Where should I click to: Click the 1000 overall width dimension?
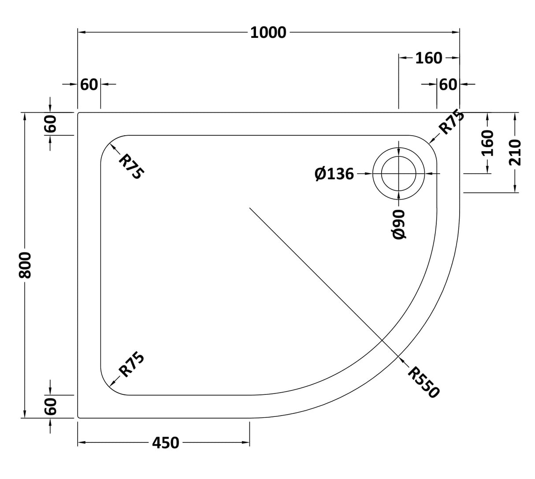click(268, 33)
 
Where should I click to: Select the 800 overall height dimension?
click(25, 265)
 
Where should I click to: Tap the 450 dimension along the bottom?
click(166, 442)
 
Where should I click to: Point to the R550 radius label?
click(424, 382)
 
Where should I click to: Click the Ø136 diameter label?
click(334, 174)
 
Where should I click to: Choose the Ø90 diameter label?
click(399, 224)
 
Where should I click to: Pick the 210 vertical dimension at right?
click(515, 152)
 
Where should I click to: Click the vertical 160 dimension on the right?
click(487, 143)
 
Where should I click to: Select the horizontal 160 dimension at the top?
click(429, 58)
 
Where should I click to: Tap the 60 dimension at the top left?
click(89, 84)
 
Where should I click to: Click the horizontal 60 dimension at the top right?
click(448, 84)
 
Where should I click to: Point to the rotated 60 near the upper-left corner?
click(51, 124)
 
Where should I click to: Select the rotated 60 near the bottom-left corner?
click(51, 406)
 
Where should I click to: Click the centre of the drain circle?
click(399, 174)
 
